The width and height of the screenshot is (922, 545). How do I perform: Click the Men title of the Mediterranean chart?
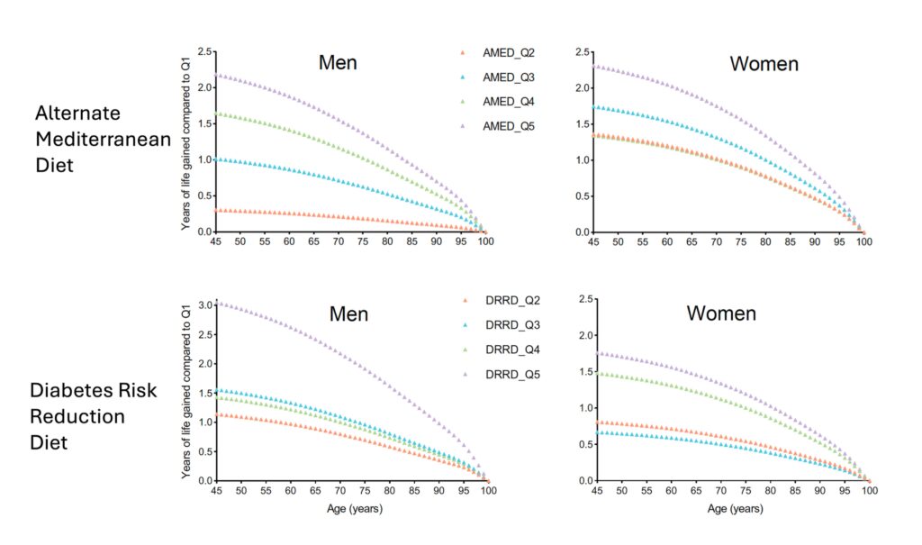coord(338,63)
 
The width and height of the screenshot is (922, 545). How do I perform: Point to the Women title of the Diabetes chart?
coord(720,313)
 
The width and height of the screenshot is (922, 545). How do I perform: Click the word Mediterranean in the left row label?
coord(90,141)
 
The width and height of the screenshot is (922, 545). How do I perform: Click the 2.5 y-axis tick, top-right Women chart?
coord(583,52)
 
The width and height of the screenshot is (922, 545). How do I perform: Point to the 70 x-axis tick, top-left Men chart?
coord(338,242)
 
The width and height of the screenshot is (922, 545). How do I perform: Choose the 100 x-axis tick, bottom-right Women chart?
coord(865,491)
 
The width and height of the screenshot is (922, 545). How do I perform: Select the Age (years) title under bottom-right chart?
coord(729,509)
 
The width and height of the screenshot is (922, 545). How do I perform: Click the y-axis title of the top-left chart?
coord(185,141)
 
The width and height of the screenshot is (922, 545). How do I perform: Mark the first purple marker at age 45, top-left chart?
coord(215,76)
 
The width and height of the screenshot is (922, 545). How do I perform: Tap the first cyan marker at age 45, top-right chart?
coord(594,107)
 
